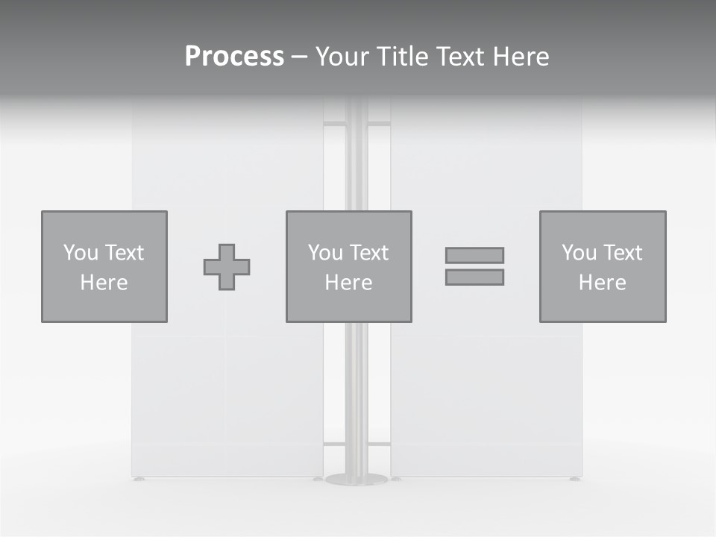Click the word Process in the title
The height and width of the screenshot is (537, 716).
click(x=234, y=57)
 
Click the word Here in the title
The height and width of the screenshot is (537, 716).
click(x=521, y=57)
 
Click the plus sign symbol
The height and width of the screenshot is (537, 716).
click(x=227, y=267)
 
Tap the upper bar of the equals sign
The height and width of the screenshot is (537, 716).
click(x=474, y=255)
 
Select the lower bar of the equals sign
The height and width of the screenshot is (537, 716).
click(x=474, y=277)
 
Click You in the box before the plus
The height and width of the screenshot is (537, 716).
click(x=81, y=253)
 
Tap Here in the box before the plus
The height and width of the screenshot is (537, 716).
click(x=104, y=283)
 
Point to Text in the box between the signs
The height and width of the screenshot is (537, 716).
click(x=369, y=253)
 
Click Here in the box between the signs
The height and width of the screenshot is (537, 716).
click(x=348, y=283)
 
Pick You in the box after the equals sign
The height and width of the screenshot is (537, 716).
click(x=579, y=253)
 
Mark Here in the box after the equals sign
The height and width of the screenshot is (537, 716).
click(x=602, y=283)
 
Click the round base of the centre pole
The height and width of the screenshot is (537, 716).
click(x=357, y=480)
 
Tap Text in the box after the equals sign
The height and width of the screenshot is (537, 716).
click(x=623, y=253)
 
